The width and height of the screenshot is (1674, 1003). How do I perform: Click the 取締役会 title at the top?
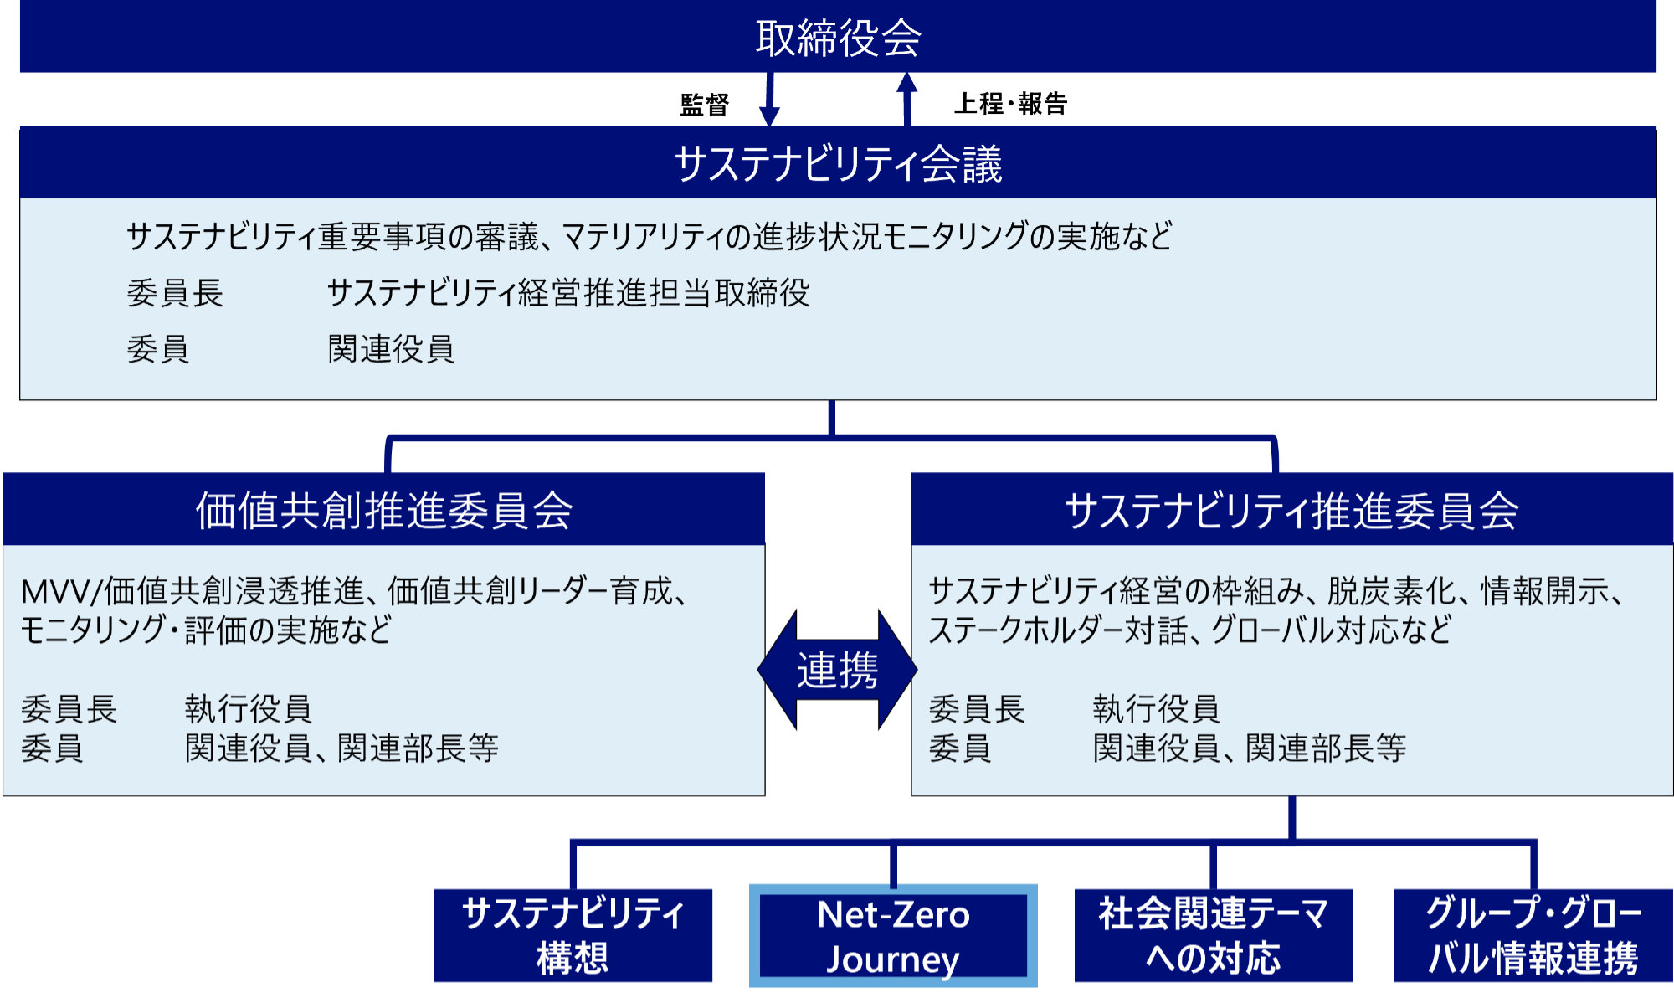pyautogui.click(x=838, y=38)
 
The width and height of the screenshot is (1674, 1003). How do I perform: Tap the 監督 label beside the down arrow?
pyautogui.click(x=705, y=105)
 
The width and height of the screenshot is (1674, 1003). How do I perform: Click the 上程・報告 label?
pyautogui.click(x=1011, y=104)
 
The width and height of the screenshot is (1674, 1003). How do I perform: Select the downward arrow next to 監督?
pyautogui.click(x=769, y=99)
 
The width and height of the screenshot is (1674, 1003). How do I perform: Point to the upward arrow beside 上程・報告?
pyautogui.click(x=906, y=99)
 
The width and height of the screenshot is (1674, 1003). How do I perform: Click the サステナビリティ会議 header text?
pyautogui.click(x=838, y=163)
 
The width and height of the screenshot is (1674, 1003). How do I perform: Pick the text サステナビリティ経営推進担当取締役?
pyautogui.click(x=568, y=293)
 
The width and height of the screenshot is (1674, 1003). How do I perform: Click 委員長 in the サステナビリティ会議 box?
pyautogui.click(x=175, y=293)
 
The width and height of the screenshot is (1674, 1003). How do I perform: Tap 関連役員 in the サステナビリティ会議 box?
pyautogui.click(x=391, y=349)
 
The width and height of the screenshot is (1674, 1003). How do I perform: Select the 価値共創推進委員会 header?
pyautogui.click(x=384, y=510)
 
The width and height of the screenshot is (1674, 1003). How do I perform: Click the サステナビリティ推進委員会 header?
pyautogui.click(x=1291, y=510)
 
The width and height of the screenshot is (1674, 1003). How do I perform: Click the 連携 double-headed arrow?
pyautogui.click(x=837, y=670)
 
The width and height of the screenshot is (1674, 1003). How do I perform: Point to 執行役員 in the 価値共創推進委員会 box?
pyautogui.click(x=249, y=709)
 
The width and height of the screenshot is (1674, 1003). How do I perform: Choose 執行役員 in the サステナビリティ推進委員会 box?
pyautogui.click(x=1156, y=709)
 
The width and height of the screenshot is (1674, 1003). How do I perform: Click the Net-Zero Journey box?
pyautogui.click(x=893, y=936)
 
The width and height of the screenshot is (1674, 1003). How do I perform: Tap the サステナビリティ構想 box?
pyautogui.click(x=573, y=935)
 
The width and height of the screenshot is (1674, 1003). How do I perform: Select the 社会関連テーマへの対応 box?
pyautogui.click(x=1214, y=935)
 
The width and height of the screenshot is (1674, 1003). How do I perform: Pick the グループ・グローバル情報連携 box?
pyautogui.click(x=1533, y=935)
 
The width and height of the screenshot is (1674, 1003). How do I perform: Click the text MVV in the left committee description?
pyautogui.click(x=54, y=592)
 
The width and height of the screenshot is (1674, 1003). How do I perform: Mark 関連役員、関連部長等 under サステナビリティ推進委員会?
pyautogui.click(x=1250, y=748)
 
